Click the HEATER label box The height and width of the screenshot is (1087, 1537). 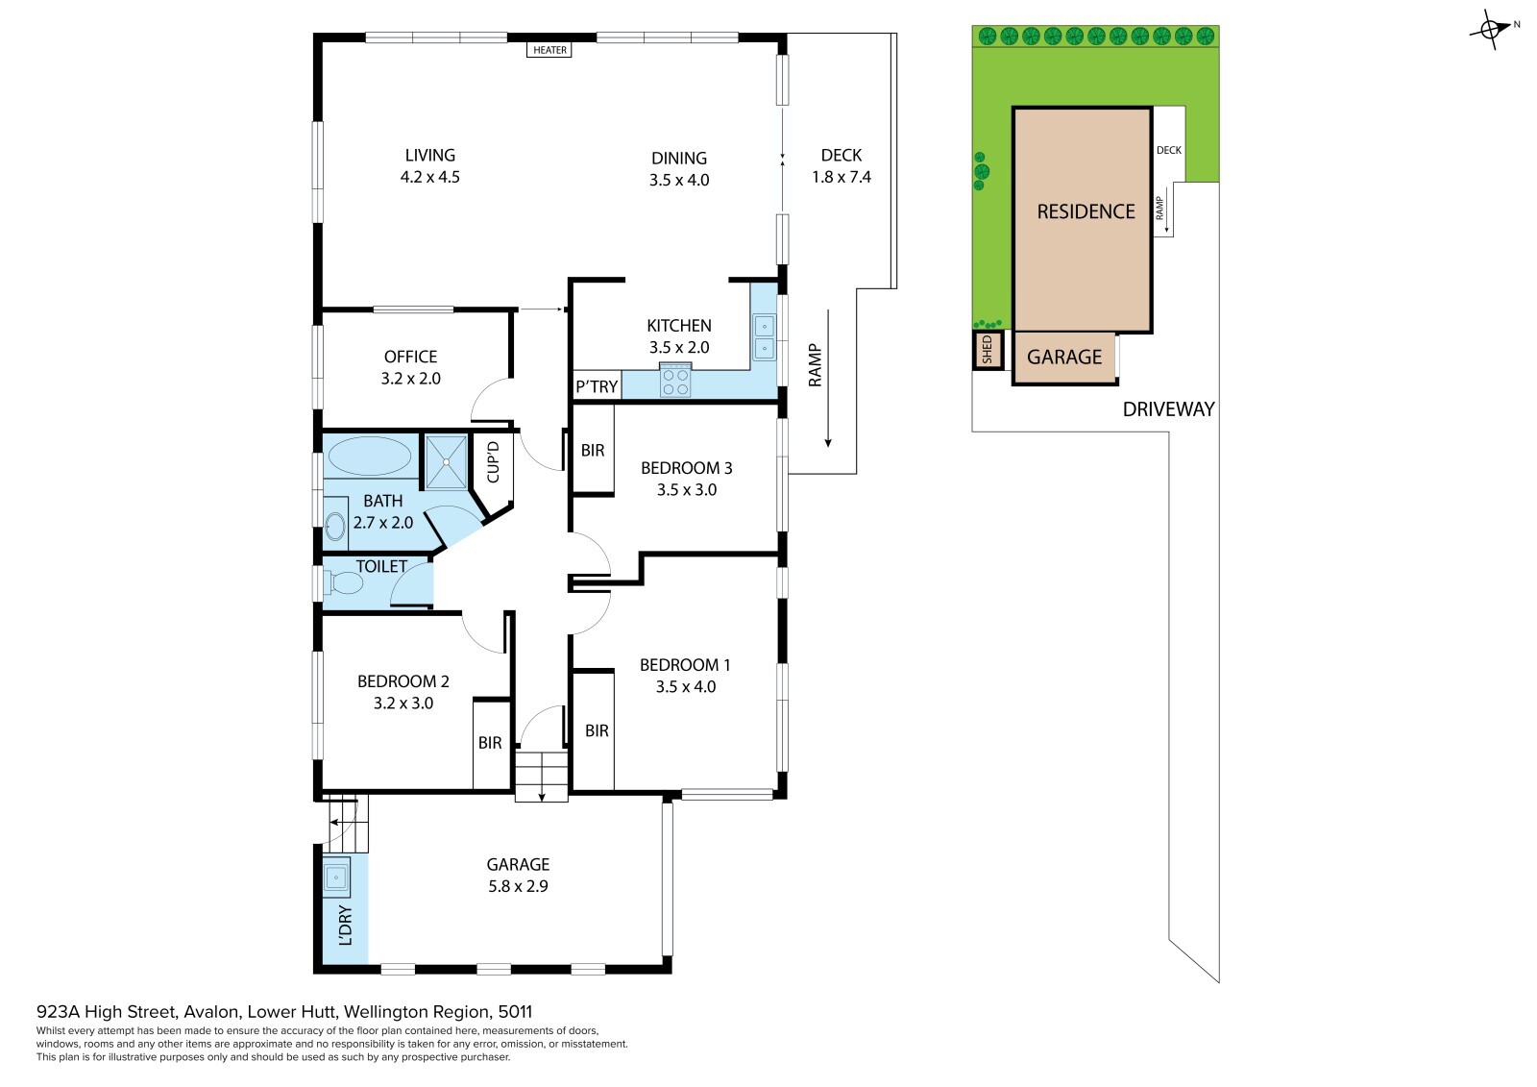point(549,49)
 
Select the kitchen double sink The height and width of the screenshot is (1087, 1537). point(764,336)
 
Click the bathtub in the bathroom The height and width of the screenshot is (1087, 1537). point(370,456)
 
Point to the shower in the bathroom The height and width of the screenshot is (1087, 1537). point(446,461)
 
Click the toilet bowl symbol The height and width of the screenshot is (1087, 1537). point(345,583)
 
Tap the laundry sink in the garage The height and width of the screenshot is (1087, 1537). point(336,877)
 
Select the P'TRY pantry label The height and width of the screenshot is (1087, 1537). point(597,386)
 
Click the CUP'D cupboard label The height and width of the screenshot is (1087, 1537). point(493,462)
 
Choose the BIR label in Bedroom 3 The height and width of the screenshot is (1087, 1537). point(593,451)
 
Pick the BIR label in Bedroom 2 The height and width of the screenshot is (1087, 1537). point(490,742)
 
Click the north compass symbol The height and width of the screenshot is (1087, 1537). point(1490,30)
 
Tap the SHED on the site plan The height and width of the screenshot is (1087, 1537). point(988,350)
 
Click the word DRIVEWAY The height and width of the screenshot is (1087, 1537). point(1168,409)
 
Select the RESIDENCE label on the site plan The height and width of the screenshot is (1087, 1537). point(1086,211)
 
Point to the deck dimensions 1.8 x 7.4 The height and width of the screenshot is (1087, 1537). point(842,177)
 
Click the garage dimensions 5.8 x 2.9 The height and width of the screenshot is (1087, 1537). point(518,886)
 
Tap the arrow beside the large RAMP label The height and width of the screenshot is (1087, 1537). point(828,379)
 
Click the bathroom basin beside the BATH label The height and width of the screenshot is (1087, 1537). point(335,527)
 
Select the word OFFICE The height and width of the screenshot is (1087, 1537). point(410,358)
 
